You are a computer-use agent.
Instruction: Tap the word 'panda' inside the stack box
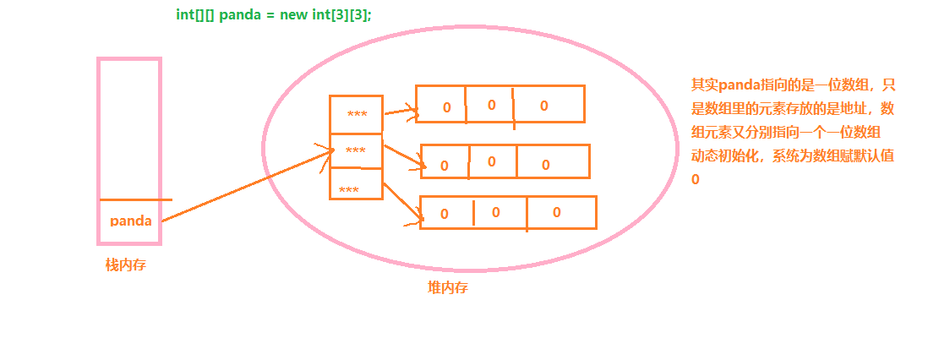[x=131, y=221]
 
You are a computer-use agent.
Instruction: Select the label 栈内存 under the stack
[x=126, y=265]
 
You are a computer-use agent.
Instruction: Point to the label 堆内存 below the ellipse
[x=448, y=288]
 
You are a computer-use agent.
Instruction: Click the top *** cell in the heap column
[x=357, y=115]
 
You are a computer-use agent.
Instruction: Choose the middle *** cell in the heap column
[x=356, y=151]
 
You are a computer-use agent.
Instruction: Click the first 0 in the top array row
[x=446, y=108]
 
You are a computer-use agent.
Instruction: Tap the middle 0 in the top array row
[x=491, y=105]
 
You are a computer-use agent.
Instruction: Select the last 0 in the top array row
[x=543, y=106]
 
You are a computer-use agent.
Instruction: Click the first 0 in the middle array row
[x=445, y=166]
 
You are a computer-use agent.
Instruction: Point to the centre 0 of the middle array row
[x=491, y=162]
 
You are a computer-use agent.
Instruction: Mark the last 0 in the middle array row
[x=546, y=165]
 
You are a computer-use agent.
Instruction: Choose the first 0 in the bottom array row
[x=445, y=215]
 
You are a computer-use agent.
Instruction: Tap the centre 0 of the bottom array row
[x=496, y=212]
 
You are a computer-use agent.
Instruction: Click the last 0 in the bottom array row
[x=556, y=212]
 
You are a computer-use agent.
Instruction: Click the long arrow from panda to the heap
[x=245, y=187]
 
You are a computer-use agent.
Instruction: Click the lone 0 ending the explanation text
[x=696, y=180]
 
